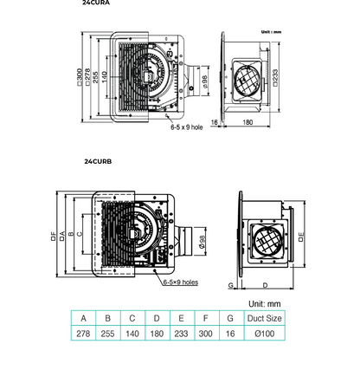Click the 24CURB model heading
(98, 160)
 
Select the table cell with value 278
(84, 333)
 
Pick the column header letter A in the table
(84, 318)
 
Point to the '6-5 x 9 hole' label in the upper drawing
(185, 127)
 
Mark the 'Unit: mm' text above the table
(265, 304)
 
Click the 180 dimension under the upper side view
(247, 123)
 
